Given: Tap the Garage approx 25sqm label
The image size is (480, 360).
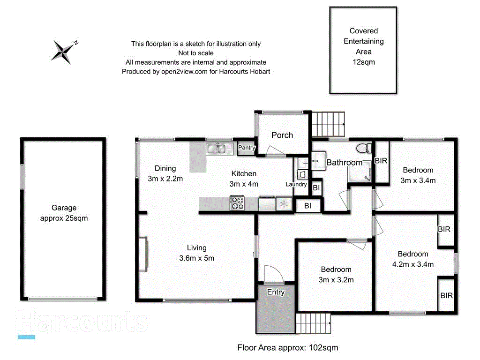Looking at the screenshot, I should point(64,213).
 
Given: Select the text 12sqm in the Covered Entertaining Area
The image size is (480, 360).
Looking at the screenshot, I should point(363,62).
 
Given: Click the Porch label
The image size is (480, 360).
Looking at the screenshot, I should point(282,135).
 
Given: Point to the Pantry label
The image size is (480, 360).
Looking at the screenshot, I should point(247,148).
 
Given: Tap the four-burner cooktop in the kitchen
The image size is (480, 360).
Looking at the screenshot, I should point(237,203).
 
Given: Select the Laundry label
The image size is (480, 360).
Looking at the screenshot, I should point(296,184).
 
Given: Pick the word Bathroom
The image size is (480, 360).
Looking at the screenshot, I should point(344,163).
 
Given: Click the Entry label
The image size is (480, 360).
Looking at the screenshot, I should point(276,292).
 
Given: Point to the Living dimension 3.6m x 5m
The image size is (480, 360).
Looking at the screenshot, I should point(196,258).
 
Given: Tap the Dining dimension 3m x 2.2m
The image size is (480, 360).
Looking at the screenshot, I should point(165,179).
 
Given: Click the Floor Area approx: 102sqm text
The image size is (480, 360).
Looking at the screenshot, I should point(287,348).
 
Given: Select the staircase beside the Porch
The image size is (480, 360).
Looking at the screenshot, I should point(328,123).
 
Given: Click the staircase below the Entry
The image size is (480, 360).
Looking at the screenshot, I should point(314,322).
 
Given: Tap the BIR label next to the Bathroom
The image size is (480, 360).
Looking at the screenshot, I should point(381,161).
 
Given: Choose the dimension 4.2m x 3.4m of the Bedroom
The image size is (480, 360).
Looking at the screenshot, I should point(413,264).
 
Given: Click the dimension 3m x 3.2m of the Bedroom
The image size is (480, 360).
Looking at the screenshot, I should point(336,280).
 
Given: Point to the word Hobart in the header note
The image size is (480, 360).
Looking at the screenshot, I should point(260,72).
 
